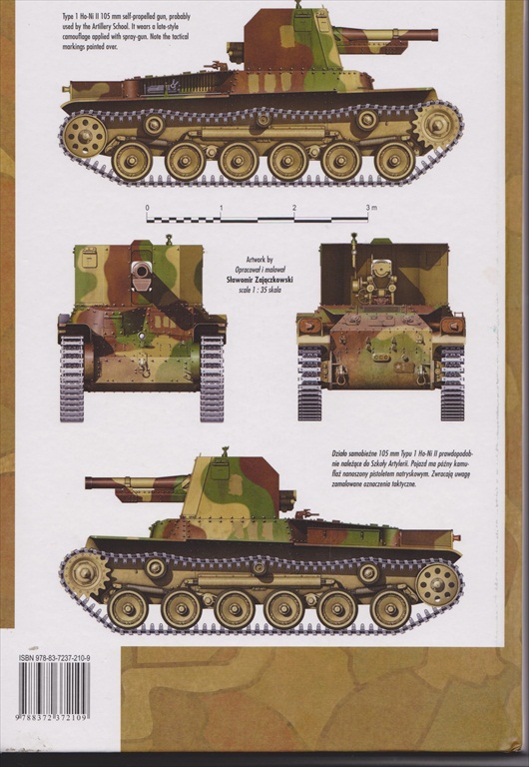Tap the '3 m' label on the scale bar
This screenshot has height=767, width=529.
pyautogui.click(x=371, y=207)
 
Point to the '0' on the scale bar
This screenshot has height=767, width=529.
pyautogui.click(x=147, y=208)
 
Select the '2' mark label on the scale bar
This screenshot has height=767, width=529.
pyautogui.click(x=294, y=207)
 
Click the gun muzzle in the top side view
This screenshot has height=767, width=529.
pyautogui.click(x=435, y=36)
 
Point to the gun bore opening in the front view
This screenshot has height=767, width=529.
pyautogui.click(x=141, y=270)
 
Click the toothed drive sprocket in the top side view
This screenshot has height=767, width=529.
pyautogui.click(x=436, y=126)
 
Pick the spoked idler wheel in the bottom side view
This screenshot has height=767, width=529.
pyautogui.click(x=437, y=584)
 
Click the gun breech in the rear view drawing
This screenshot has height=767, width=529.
pyautogui.click(x=380, y=272)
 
